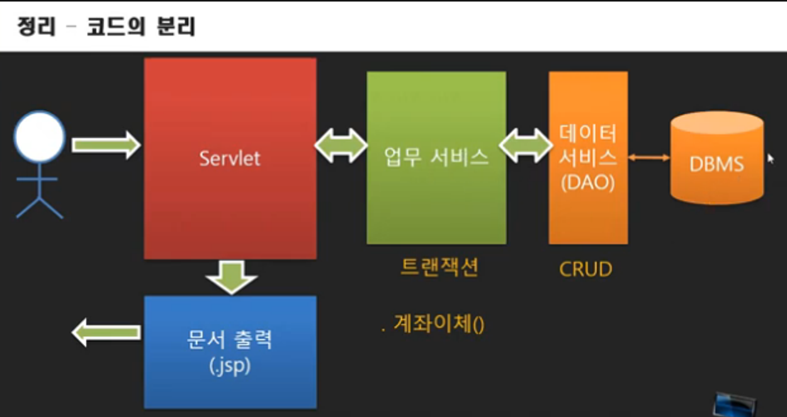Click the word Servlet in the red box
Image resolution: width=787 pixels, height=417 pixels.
pyautogui.click(x=230, y=158)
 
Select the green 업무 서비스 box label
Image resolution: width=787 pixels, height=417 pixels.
pyautogui.click(x=436, y=157)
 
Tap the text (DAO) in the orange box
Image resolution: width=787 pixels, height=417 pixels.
pyautogui.click(x=587, y=183)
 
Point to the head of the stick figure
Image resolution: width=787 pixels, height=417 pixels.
pyautogui.click(x=40, y=137)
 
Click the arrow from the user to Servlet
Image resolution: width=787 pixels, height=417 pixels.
pyautogui.click(x=105, y=146)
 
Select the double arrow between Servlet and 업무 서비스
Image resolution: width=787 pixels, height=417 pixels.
pyautogui.click(x=341, y=146)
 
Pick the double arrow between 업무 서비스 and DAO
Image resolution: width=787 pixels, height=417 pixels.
pyautogui.click(x=526, y=146)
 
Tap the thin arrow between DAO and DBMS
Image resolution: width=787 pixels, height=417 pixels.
pyautogui.click(x=648, y=157)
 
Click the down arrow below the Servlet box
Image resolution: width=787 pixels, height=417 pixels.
pyautogui.click(x=231, y=276)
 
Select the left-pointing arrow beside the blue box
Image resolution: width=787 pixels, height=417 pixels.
pyautogui.click(x=105, y=332)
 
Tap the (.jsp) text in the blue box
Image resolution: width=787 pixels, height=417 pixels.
pyautogui.click(x=230, y=367)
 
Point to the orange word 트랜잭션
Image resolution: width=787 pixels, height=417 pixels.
pyautogui.click(x=439, y=266)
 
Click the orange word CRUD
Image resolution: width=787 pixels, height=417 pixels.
pyautogui.click(x=586, y=270)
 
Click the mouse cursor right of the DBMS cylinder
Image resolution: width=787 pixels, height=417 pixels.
pyautogui.click(x=770, y=158)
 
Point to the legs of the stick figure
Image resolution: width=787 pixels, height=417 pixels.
pyautogui.click(x=40, y=205)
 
